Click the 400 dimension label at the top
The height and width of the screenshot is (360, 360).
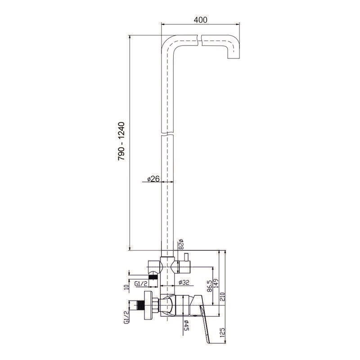200,20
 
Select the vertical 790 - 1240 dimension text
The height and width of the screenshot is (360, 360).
121,141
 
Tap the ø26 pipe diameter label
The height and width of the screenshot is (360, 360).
153,178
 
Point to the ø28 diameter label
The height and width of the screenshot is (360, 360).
181,244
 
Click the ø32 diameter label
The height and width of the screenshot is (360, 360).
184,283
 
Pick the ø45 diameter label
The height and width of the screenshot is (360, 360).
186,325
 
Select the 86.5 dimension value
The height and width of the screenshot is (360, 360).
209,286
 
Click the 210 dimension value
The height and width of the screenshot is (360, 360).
223,297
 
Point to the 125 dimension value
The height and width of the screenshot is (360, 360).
222,333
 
